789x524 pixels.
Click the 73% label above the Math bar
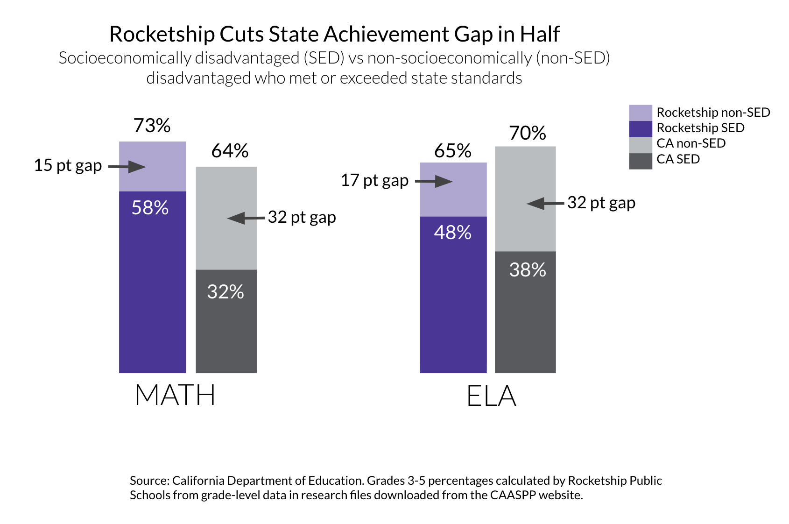point(152,126)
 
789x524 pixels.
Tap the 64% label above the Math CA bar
point(230,151)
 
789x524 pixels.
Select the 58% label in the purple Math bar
point(150,208)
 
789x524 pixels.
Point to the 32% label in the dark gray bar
point(225,292)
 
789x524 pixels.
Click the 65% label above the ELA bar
point(452,151)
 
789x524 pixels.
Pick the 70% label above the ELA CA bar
point(528,133)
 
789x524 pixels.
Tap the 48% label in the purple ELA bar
point(452,233)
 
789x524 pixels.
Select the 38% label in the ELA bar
point(528,270)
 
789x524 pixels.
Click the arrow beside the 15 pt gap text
point(127,167)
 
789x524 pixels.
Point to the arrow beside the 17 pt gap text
point(434,182)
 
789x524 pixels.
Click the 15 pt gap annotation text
point(68,165)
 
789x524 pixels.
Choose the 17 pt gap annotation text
point(374,180)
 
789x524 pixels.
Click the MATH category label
point(175,395)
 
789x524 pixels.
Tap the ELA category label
point(491,397)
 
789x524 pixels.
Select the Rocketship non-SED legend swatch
point(640,113)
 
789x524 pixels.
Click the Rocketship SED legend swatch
point(640,128)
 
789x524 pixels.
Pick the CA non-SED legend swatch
point(640,144)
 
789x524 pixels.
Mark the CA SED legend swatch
point(640,161)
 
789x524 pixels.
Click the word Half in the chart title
point(540,34)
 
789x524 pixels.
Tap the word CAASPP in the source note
point(513,495)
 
